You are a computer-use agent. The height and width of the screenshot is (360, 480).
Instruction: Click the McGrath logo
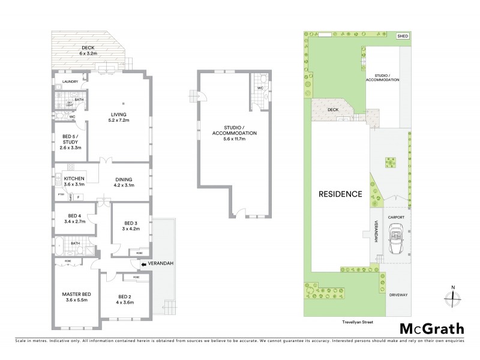pyautogui.click(x=431, y=328)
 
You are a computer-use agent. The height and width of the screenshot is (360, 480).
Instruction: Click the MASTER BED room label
pyautogui.click(x=76, y=294)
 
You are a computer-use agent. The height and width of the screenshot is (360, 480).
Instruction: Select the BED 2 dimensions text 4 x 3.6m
pyautogui.click(x=124, y=302)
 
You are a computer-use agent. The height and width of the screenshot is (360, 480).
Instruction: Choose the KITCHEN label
pyautogui.click(x=74, y=178)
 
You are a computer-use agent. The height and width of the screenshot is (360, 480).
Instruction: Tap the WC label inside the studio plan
pyautogui.click(x=260, y=88)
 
